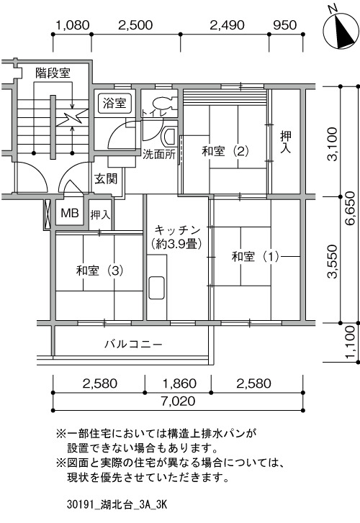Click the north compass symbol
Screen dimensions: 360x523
pyautogui.click(x=340, y=31)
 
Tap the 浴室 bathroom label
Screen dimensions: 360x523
pyautogui.click(x=114, y=103)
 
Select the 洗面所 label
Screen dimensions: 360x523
pyautogui.click(x=159, y=154)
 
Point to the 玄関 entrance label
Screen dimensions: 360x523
pyautogui.click(x=106, y=179)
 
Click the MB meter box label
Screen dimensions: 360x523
pyautogui.click(x=70, y=212)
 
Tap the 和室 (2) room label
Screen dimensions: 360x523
pyautogui.click(x=225, y=151)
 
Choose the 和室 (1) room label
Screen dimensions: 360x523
pyautogui.click(x=256, y=257)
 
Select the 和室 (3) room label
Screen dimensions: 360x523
pyautogui.click(x=100, y=270)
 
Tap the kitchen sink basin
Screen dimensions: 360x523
pyautogui.click(x=156, y=288)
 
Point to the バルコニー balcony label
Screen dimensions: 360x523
pyautogui.click(x=134, y=344)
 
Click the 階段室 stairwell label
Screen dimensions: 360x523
pyautogui.click(x=53, y=73)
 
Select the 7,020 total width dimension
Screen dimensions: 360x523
pyautogui.click(x=178, y=401)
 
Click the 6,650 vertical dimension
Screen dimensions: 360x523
pyautogui.click(x=351, y=208)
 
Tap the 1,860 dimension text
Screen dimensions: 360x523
pyautogui.click(x=180, y=383)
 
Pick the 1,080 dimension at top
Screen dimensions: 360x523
pyautogui.click(x=73, y=25)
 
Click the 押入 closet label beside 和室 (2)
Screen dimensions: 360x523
pyautogui.click(x=286, y=142)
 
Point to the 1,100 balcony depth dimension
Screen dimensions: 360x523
pyautogui.click(x=351, y=342)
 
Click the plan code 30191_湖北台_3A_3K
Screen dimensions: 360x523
pyautogui.click(x=117, y=504)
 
